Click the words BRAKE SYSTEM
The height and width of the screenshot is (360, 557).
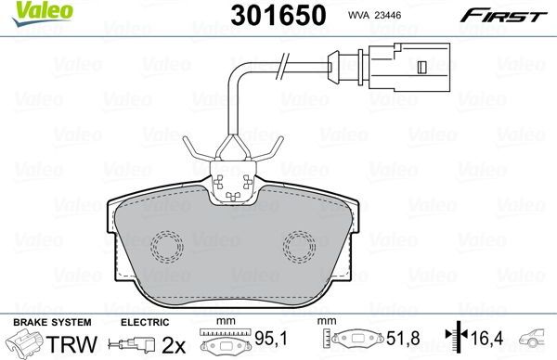coord(38,321)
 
